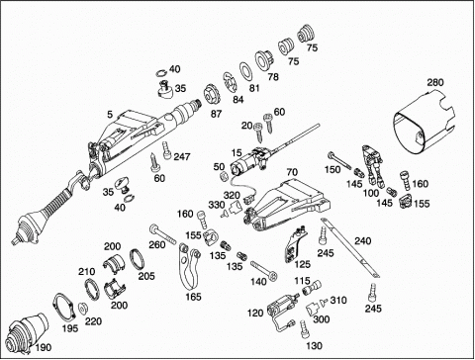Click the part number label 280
(x=435, y=82)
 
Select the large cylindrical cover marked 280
(x=425, y=126)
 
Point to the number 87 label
(x=216, y=114)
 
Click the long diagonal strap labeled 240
(x=350, y=248)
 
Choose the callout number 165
(x=193, y=297)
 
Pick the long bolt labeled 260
(x=163, y=235)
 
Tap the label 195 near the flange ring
(x=70, y=328)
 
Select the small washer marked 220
(x=82, y=308)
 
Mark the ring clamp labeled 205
(x=138, y=259)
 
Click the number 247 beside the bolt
(x=182, y=156)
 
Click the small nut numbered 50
(x=224, y=176)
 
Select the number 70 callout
(x=292, y=172)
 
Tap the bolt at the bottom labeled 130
(x=305, y=329)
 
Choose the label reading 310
(x=338, y=300)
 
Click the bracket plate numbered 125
(x=295, y=245)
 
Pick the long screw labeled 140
(x=264, y=270)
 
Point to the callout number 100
(x=371, y=193)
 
